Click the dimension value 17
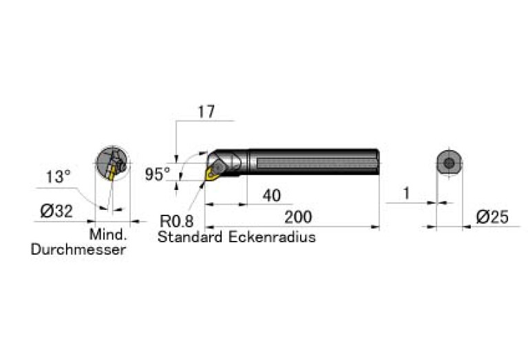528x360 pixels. point(206,112)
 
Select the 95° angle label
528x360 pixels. point(158,174)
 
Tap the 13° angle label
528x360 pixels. point(59,177)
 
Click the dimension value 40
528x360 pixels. point(271,195)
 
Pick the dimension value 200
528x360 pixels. point(298,217)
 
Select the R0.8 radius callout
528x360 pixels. point(176,221)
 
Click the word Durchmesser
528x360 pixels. point(78,250)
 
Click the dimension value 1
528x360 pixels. point(406,193)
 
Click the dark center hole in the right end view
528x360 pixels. point(450,163)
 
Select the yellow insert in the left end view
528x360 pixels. point(112,173)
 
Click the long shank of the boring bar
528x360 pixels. point(313,162)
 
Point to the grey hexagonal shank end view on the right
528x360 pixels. point(450,163)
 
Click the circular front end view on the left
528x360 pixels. point(112,163)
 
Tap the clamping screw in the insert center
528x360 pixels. point(217,167)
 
